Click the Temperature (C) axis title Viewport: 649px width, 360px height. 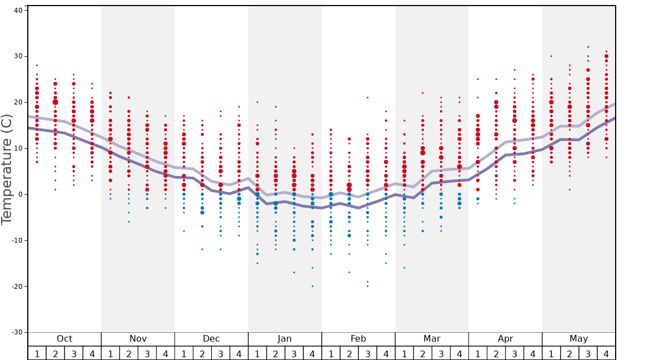click(7, 169)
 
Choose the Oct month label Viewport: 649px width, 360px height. click(64, 339)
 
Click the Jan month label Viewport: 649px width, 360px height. click(284, 339)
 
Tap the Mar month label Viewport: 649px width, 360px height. click(432, 339)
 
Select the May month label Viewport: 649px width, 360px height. click(578, 339)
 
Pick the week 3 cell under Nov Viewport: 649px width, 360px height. click(147, 353)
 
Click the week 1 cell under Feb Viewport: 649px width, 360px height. click(331, 353)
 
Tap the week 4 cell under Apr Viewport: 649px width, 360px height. click(533, 353)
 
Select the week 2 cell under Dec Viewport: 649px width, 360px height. click(202, 353)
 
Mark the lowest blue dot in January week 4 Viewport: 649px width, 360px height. click(312, 286)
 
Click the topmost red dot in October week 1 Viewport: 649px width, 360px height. click(37, 65)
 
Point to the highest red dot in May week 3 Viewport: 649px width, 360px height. click(588, 47)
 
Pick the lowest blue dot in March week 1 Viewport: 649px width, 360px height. click(404, 268)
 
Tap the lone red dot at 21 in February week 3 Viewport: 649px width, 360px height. click(367, 97)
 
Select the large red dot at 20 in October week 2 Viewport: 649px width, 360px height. click(56, 102)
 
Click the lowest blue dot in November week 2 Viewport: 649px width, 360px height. click(129, 222)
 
